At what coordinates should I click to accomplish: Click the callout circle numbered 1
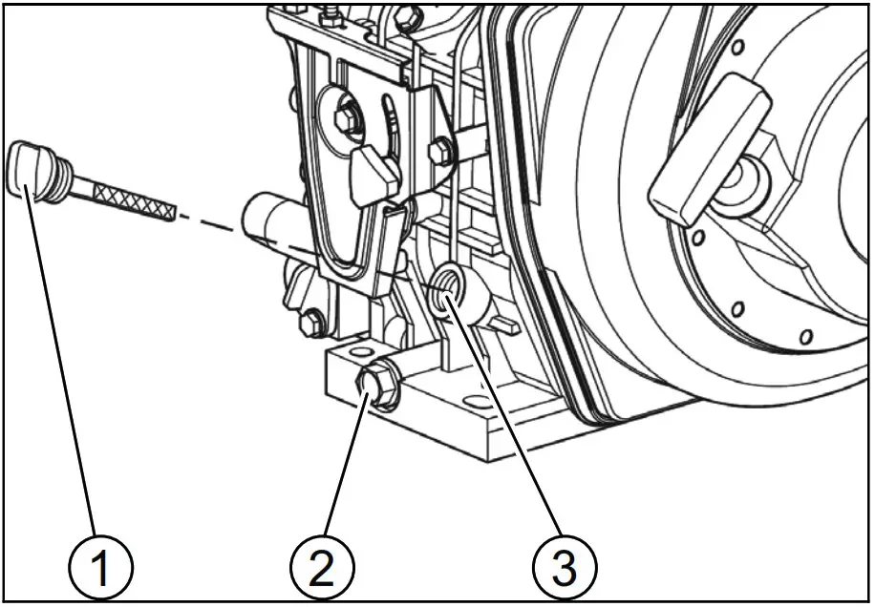coord(99,569)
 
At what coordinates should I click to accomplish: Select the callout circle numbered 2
coord(322,569)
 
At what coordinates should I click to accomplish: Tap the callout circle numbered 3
coord(565,569)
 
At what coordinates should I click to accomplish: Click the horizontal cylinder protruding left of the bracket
coord(272,220)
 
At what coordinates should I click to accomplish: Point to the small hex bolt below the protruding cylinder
coord(310,324)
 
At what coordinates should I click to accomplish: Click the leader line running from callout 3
coord(506,420)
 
